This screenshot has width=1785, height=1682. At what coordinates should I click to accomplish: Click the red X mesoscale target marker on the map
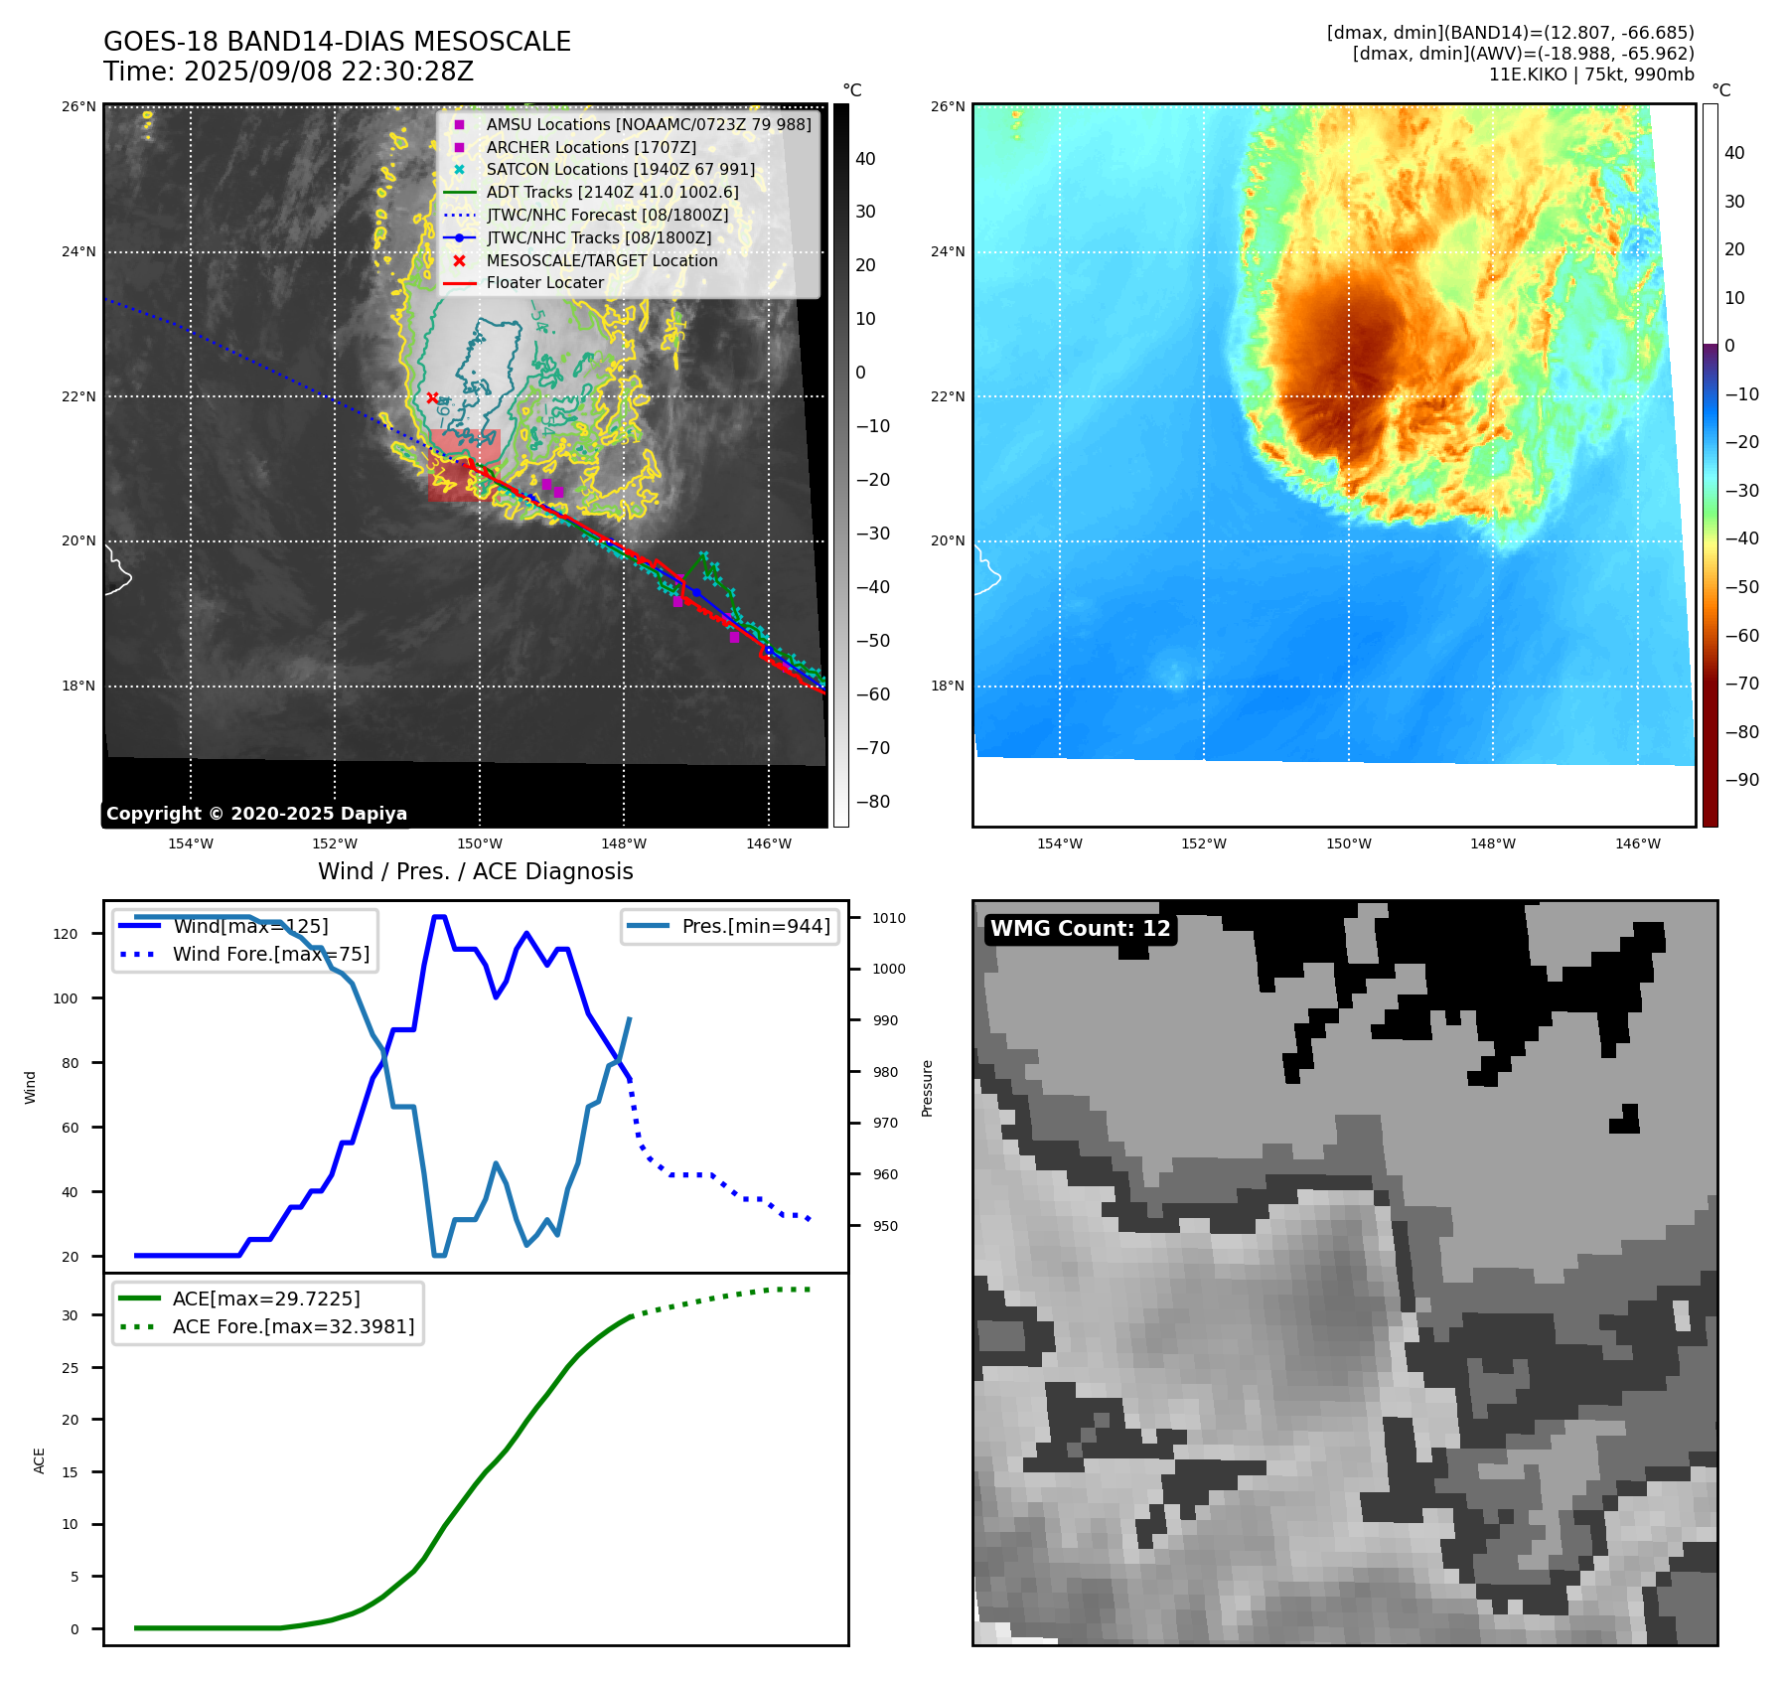(432, 397)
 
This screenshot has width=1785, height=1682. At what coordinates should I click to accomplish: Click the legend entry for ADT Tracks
(612, 192)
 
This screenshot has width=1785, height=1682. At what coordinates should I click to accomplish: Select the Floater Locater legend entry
(544, 282)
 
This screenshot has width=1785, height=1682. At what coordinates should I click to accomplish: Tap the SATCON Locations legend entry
(620, 169)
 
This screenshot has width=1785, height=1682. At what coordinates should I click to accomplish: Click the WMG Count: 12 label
(1080, 928)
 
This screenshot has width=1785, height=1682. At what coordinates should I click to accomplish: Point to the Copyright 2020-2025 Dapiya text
(256, 814)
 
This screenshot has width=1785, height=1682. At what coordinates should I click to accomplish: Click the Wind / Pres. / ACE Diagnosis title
(475, 871)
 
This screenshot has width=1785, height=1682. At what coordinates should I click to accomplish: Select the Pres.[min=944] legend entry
(755, 926)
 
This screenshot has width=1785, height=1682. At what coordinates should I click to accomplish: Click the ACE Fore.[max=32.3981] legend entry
(293, 1326)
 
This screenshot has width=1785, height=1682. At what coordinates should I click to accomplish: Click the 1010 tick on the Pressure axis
(889, 918)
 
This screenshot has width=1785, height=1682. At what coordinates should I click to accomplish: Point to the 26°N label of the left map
(79, 106)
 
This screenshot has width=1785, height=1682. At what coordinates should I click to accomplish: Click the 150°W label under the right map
(1348, 843)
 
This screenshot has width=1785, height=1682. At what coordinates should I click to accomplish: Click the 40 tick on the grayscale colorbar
(865, 159)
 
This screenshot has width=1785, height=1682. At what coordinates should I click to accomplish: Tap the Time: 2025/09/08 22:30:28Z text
(288, 72)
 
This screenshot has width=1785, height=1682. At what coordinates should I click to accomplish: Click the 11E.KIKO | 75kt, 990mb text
(1591, 75)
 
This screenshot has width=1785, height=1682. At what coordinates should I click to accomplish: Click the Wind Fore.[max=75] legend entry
(270, 954)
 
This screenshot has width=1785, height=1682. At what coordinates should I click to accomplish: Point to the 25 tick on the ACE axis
(70, 1368)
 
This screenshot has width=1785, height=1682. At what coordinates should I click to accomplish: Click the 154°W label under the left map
(191, 843)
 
